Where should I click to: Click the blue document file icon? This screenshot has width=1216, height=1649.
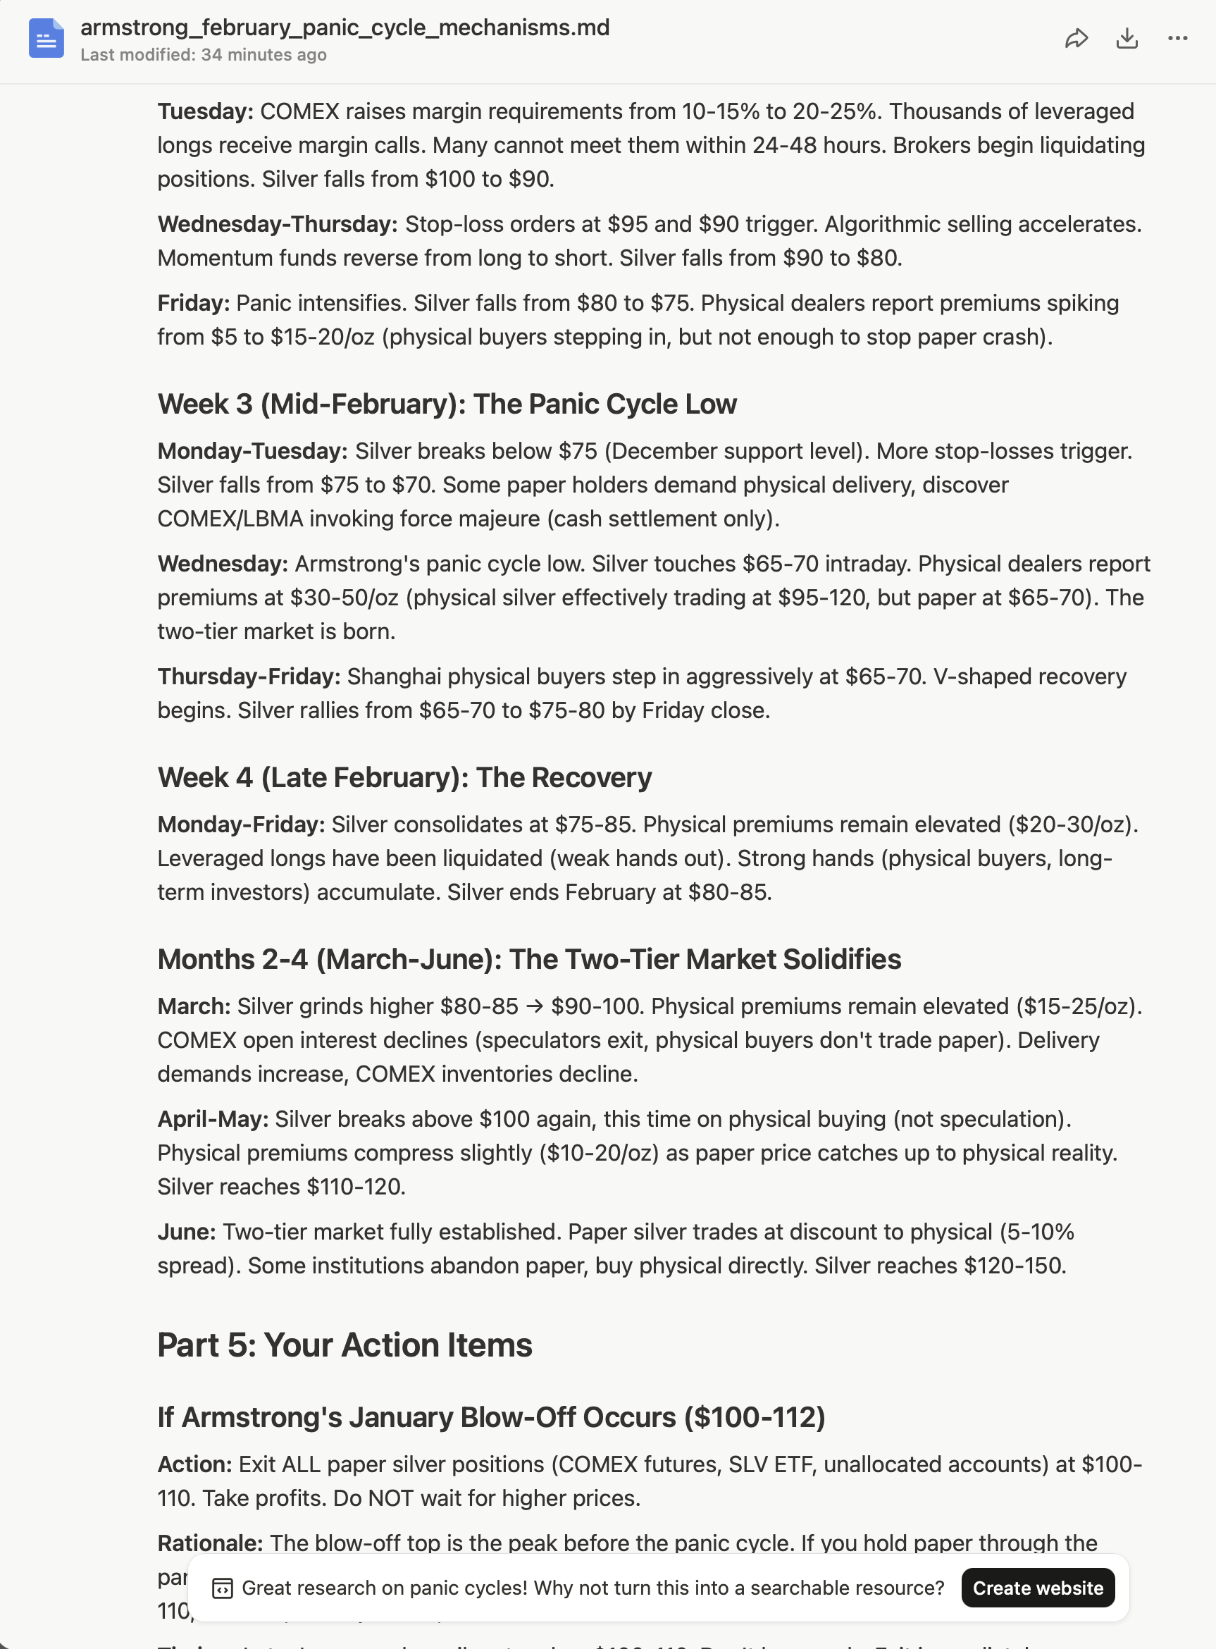coord(46,38)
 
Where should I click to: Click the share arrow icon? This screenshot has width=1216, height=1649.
coord(1076,38)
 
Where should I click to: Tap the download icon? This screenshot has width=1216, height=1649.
coord(1127,38)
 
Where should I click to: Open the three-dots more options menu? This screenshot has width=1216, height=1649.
coord(1178,38)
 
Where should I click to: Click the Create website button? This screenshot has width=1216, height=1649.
coord(1037,1588)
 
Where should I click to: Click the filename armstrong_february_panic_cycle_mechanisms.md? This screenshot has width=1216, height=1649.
coord(345,27)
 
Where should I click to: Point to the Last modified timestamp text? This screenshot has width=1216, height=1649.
coord(203,55)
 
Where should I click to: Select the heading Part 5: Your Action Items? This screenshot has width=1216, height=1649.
coord(345,1345)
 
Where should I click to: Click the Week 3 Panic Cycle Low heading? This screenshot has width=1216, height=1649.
coord(447,404)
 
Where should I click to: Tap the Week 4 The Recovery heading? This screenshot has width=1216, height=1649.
coord(404,777)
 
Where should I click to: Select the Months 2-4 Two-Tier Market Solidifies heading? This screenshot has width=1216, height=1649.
coord(528,959)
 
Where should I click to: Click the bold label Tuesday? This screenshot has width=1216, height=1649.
coord(205,111)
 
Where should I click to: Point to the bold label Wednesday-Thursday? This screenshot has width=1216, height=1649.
coord(278,224)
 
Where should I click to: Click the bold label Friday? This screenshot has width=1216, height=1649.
coord(194,302)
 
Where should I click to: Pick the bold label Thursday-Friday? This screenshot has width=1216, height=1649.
coord(249,676)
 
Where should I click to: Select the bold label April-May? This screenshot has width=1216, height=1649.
coord(213,1119)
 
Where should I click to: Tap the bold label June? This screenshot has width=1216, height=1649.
coord(186,1232)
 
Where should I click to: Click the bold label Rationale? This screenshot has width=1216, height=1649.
coord(210,1543)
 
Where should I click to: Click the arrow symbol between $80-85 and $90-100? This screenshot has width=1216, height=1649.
coord(535,1006)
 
